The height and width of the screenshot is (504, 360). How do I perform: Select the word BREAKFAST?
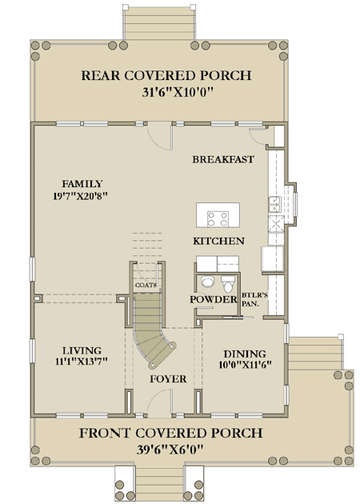[x=223, y=159]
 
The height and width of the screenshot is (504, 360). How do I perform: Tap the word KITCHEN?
[x=218, y=241]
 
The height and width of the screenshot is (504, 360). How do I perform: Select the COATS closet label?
[x=146, y=284]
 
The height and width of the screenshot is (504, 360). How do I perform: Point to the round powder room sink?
[x=206, y=281]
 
